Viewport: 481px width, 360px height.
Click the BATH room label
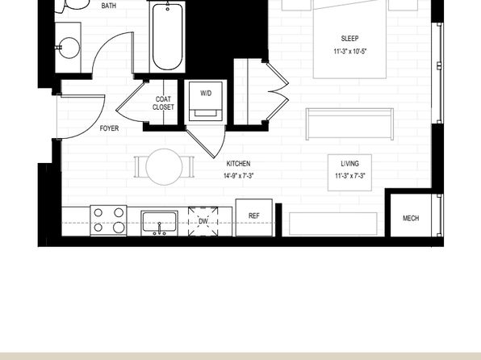coord(109,6)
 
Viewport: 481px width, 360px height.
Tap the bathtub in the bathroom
coord(168,37)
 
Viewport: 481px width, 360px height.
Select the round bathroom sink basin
coord(69,48)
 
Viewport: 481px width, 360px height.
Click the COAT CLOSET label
coord(163,103)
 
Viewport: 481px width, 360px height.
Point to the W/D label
coord(206,93)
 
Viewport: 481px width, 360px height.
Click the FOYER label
coord(109,128)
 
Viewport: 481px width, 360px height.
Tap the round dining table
coord(164,167)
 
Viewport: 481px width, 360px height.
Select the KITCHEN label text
coord(238,164)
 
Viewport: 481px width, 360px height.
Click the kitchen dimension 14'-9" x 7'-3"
coord(238,176)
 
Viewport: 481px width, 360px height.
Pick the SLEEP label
coord(349,39)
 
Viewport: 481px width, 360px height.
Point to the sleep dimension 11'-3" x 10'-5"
coord(350,51)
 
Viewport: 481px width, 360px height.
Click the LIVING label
coord(349,164)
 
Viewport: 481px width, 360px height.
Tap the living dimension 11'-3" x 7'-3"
coord(350,176)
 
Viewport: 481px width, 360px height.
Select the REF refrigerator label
coord(254,216)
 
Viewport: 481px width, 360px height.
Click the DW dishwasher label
coord(203,221)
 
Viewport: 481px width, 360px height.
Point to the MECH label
coord(411,218)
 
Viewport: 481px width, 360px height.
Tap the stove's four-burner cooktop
coord(109,220)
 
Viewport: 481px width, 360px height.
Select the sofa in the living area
coord(349,123)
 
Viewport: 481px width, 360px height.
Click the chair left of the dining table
coord(140,167)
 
